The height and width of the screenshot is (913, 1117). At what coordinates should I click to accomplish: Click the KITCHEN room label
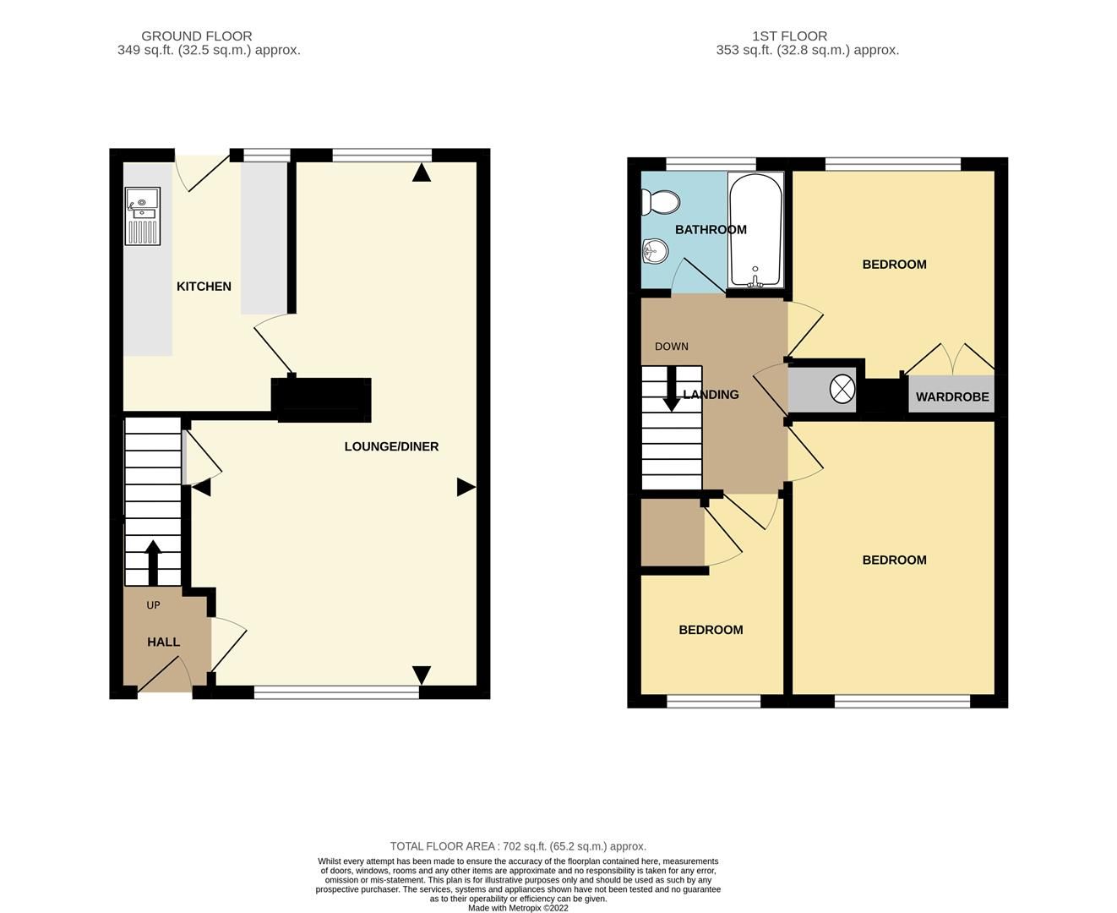[204, 287]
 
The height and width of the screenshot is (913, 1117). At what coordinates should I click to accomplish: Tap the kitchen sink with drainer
[142, 216]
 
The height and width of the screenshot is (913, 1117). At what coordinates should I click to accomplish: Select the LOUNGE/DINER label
[391, 446]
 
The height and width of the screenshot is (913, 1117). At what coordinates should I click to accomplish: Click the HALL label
[163, 642]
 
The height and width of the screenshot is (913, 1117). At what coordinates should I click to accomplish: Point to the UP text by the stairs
[153, 605]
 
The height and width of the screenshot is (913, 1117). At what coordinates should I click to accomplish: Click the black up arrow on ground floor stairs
[153, 562]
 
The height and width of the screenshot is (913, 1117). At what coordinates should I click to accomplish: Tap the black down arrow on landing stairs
[672, 390]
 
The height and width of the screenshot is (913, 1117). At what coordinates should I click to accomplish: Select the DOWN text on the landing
[671, 347]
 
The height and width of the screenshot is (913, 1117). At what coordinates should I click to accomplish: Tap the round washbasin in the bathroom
[655, 250]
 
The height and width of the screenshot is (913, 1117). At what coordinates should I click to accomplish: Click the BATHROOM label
[711, 230]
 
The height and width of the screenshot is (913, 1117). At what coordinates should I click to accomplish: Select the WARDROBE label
[952, 396]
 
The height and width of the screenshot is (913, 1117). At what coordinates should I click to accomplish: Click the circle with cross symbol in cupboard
[842, 389]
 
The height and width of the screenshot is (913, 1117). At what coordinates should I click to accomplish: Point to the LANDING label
[711, 395]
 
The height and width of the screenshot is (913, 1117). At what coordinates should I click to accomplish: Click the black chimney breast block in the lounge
[322, 400]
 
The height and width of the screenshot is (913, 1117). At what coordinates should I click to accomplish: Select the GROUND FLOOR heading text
[196, 36]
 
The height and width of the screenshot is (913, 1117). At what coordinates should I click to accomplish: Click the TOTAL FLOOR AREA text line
[518, 846]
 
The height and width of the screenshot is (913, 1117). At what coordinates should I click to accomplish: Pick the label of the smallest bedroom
[711, 630]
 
